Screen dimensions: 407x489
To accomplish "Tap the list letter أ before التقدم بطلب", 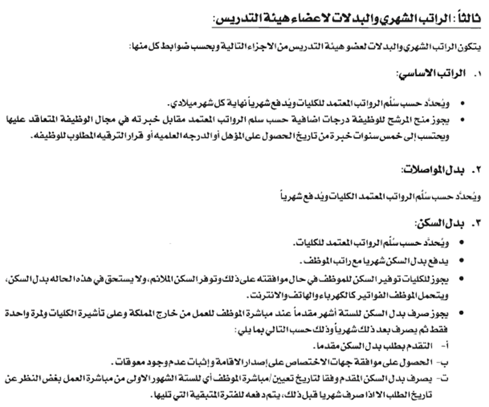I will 452,345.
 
